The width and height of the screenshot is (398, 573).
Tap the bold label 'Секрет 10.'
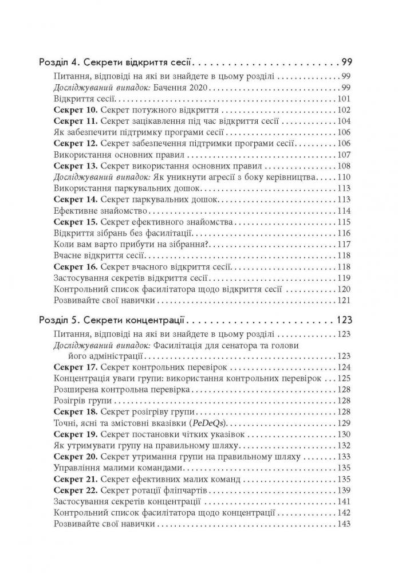click(74, 109)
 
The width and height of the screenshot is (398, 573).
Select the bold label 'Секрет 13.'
click(74, 166)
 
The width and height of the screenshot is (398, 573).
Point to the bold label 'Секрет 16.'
click(74, 266)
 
